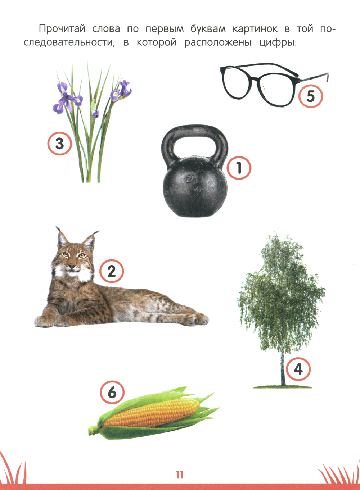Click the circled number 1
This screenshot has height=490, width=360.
point(239,168)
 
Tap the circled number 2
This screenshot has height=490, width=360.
point(112,271)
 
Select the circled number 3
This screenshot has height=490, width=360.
point(60,144)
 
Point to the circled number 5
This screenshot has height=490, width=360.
point(311,96)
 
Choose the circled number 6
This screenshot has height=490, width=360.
point(112,392)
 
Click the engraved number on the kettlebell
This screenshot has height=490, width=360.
point(192,180)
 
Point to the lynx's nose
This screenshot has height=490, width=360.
point(71,266)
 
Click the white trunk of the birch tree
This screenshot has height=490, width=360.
point(282,368)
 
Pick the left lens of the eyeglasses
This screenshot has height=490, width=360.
point(237,84)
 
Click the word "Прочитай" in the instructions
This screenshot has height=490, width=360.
point(62,29)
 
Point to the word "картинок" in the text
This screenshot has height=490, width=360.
point(255,29)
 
